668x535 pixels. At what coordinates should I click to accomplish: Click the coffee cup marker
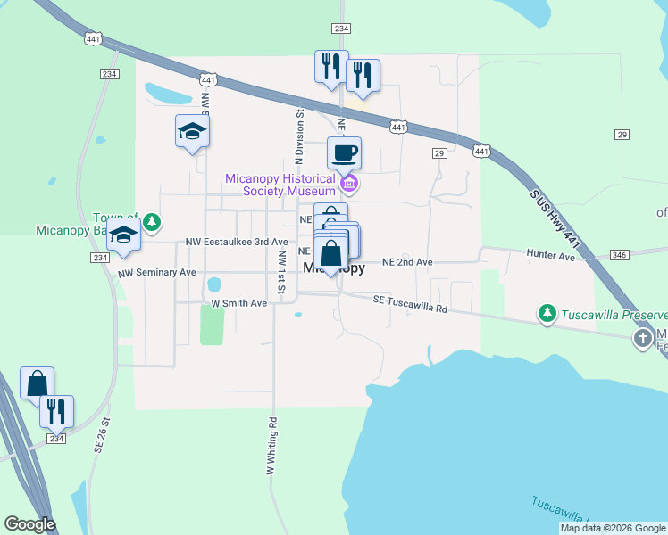point(344,153)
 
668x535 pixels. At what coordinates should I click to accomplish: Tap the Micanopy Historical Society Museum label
point(280,184)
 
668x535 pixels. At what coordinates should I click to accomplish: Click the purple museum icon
point(349,185)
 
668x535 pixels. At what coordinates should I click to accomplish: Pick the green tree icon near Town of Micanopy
point(153,221)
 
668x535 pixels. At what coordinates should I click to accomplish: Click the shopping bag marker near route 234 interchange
point(37,383)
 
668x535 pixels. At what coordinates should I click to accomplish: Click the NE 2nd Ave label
point(407,262)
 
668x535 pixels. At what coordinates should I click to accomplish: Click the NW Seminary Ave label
point(156,272)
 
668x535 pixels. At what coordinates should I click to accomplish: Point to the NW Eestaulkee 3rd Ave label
point(237,242)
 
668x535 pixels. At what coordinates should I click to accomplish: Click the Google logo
point(29,524)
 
